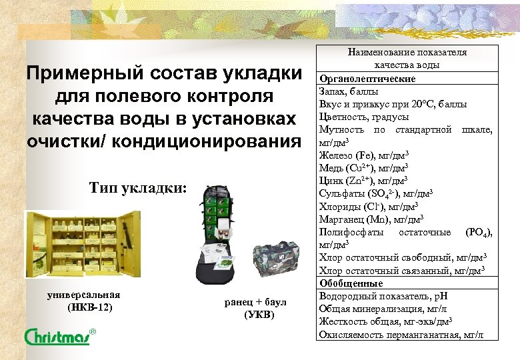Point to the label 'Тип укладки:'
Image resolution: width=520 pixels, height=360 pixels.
tap(138, 188)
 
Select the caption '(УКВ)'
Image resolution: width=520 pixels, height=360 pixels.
tap(259, 315)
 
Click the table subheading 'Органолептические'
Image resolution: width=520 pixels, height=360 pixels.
tap(367, 79)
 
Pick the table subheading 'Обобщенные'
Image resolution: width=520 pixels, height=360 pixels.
tap(353, 283)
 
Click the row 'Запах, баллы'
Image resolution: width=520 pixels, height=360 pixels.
tap(349, 91)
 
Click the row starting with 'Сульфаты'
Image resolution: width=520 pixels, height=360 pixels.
tap(377, 193)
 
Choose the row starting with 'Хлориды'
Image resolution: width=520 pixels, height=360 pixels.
tap(369, 206)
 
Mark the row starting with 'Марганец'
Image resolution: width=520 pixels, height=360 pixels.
tap(373, 219)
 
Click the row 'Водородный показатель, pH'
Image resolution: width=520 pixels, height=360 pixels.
tap(377, 295)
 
